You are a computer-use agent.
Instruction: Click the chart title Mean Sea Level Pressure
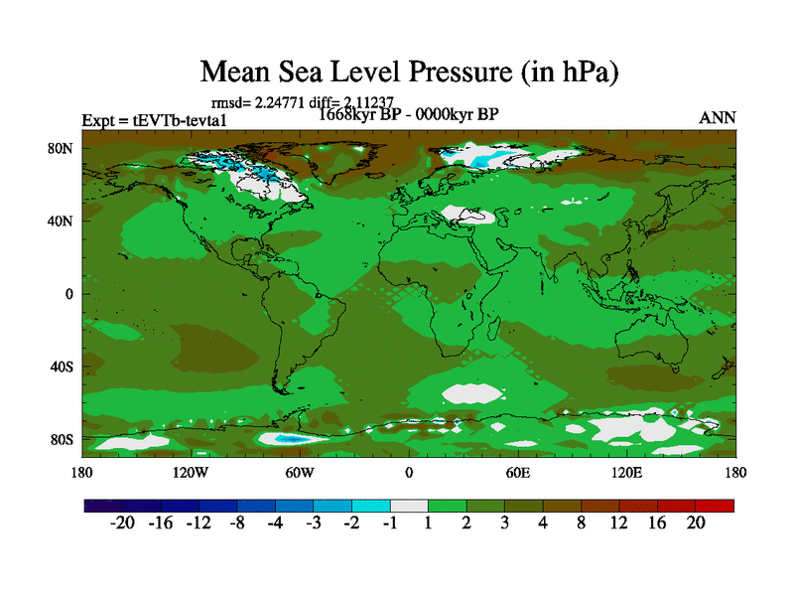coord(410,72)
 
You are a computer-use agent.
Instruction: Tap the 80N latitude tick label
coord(63,148)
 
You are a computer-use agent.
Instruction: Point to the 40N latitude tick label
coord(63,221)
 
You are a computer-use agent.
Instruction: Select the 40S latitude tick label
coord(64,367)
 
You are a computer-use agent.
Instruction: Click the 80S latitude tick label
coord(64,439)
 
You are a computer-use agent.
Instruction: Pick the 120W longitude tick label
coord(191,473)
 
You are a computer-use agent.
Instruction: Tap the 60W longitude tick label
coord(300,473)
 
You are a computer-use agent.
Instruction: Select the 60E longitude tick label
coord(518,473)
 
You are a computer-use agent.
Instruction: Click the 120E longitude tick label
coord(627,473)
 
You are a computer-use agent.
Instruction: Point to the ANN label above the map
coord(718,117)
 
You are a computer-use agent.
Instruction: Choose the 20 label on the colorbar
coord(695,523)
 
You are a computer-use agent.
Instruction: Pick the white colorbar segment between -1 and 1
coord(409,506)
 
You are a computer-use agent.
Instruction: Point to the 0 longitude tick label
coord(409,473)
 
